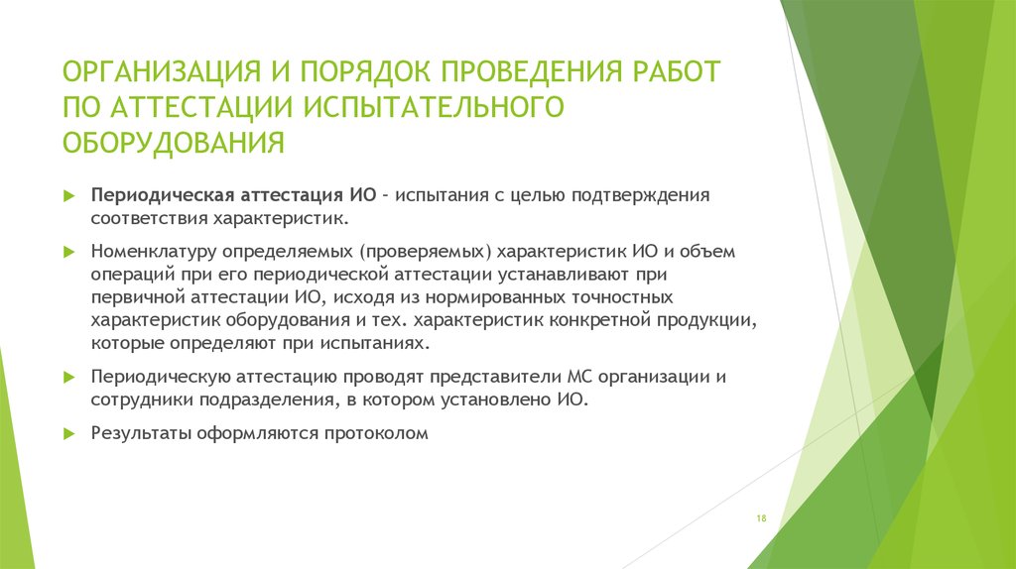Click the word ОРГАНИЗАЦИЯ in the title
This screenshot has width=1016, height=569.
pyautogui.click(x=162, y=71)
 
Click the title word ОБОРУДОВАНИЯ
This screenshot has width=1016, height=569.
pyautogui.click(x=174, y=143)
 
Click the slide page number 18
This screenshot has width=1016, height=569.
pyautogui.click(x=761, y=517)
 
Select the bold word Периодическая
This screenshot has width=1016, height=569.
pyautogui.click(x=163, y=195)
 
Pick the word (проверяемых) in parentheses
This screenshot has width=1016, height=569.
pyautogui.click(x=422, y=251)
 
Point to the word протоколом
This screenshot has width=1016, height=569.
pyautogui.click(x=376, y=433)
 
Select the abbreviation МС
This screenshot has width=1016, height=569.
pyautogui.click(x=579, y=376)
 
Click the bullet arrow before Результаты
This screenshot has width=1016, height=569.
pyautogui.click(x=69, y=433)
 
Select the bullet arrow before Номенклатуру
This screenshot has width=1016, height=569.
pyautogui.click(x=69, y=252)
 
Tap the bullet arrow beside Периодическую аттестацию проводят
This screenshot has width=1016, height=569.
pyautogui.click(x=69, y=378)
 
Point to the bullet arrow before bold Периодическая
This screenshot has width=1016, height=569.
pyautogui.click(x=69, y=196)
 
